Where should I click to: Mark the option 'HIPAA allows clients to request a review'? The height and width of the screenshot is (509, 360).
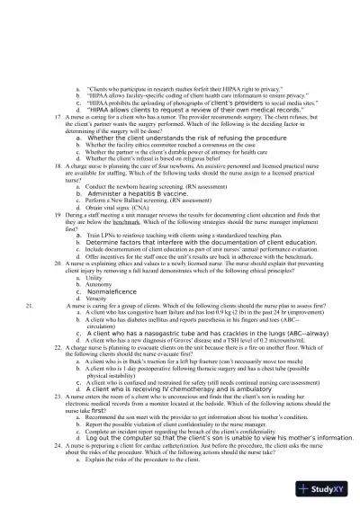click(175, 110)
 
